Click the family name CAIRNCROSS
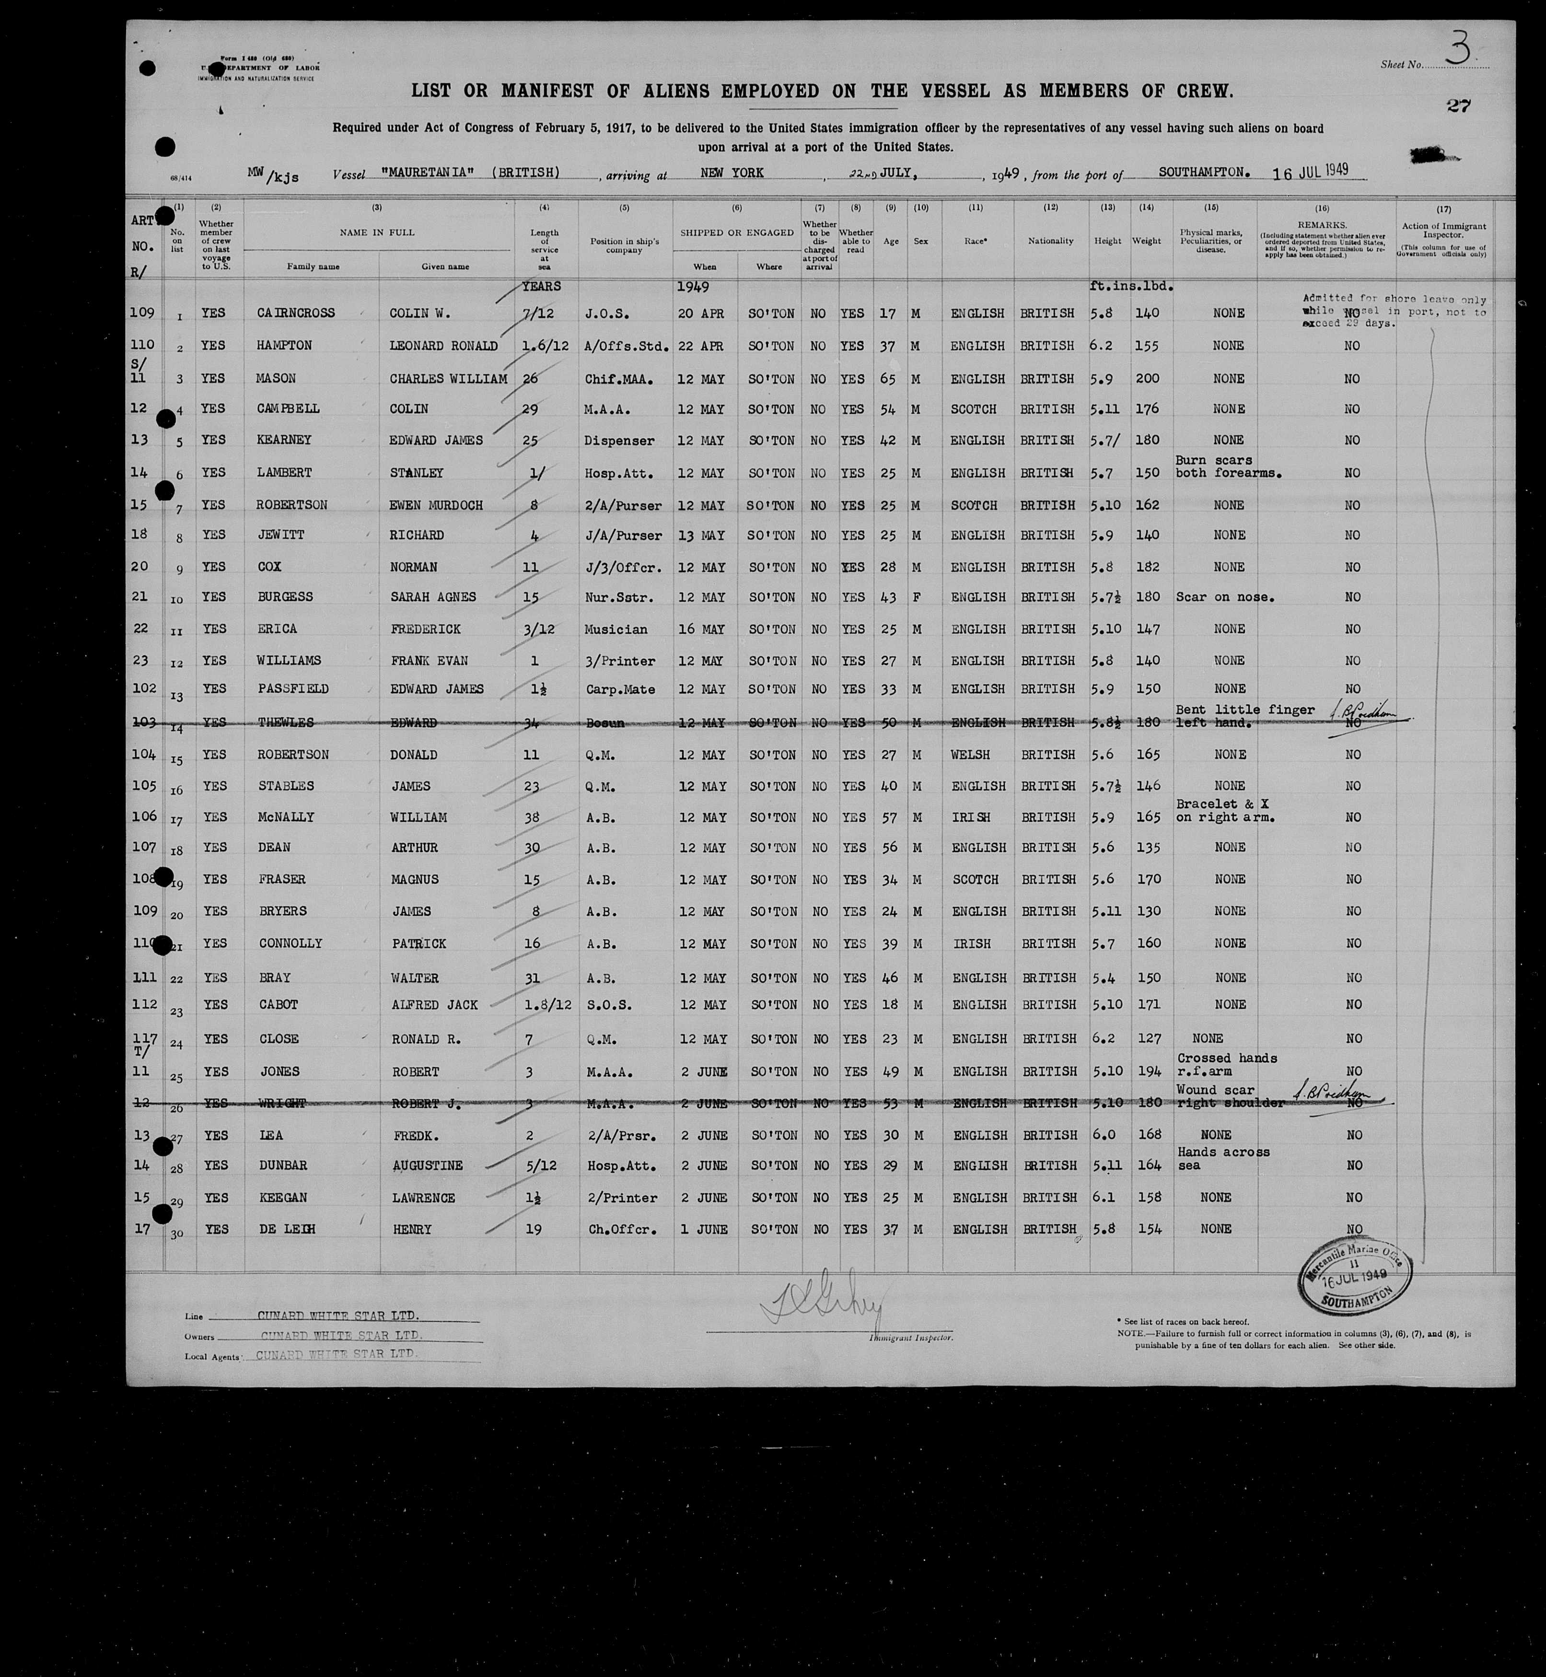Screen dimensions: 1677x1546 pyautogui.click(x=295, y=313)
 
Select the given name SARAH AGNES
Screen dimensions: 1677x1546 pyautogui.click(x=432, y=597)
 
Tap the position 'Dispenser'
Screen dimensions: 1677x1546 pyautogui.click(x=619, y=440)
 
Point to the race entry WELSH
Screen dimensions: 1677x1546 pyautogui.click(x=970, y=754)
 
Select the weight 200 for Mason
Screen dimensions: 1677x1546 pyautogui.click(x=1147, y=378)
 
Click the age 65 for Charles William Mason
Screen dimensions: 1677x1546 pyautogui.click(x=888, y=378)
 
